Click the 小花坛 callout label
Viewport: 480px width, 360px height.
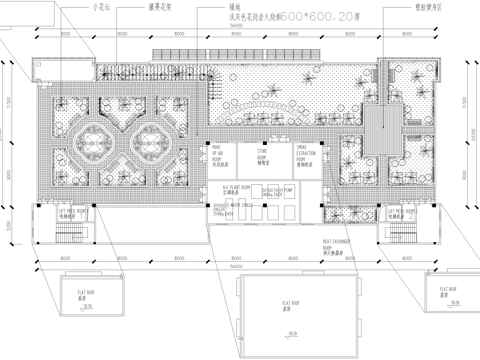click(101, 7)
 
